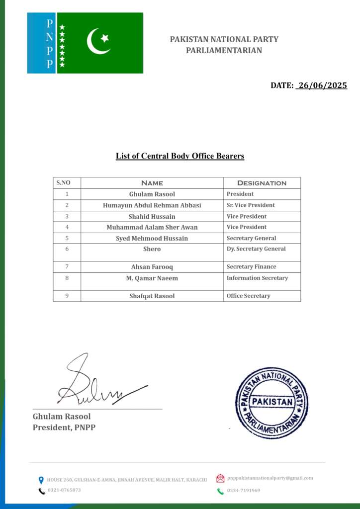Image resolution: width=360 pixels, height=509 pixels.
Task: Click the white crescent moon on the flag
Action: [x=96, y=41]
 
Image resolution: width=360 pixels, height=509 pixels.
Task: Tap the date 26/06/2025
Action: [x=321, y=85]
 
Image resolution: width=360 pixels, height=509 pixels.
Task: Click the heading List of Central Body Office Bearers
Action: [x=180, y=156]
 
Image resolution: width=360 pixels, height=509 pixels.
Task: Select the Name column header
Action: [x=152, y=183]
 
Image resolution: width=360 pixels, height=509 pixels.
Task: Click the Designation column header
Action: [x=262, y=183]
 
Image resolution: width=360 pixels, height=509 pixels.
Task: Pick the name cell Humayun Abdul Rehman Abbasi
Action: [x=152, y=205]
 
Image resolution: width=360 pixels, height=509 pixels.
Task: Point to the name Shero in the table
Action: [x=152, y=249]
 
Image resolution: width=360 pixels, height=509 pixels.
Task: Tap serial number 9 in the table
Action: [x=67, y=296]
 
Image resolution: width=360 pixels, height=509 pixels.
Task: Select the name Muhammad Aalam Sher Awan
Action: [x=152, y=227]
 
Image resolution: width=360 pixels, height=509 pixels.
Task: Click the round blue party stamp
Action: [x=271, y=402]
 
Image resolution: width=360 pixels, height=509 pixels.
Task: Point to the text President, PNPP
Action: [x=64, y=427]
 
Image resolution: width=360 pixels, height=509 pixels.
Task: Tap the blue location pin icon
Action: [x=41, y=480]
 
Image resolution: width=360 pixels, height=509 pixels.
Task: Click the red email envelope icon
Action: [x=220, y=479]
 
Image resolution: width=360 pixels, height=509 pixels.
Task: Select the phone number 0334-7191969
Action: [x=244, y=491]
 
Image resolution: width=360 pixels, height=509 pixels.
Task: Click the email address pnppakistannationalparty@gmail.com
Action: [x=270, y=478]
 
